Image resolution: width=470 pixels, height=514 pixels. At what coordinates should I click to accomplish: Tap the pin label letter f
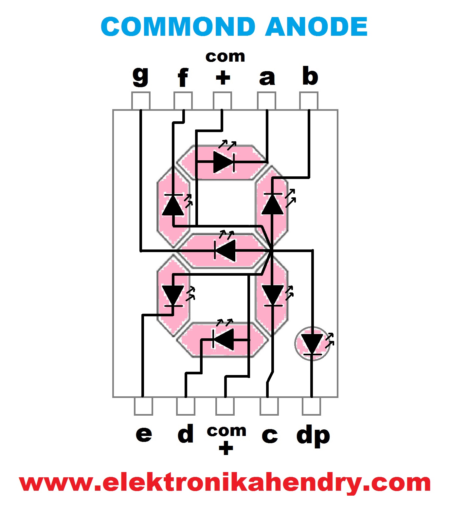pyautogui.click(x=183, y=78)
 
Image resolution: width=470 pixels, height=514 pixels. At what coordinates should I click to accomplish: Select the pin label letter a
pyautogui.click(x=267, y=78)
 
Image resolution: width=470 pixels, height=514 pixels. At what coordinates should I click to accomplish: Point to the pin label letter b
pyautogui.click(x=310, y=76)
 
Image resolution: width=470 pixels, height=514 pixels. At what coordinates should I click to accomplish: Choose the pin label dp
pyautogui.click(x=313, y=436)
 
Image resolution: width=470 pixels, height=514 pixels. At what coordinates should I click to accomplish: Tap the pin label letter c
pyautogui.click(x=270, y=435)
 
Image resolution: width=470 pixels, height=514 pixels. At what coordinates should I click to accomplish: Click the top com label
pyautogui.click(x=225, y=57)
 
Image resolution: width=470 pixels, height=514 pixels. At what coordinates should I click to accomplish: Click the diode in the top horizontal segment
pyautogui.click(x=224, y=162)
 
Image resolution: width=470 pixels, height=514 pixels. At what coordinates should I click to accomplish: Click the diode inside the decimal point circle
pyautogui.click(x=312, y=344)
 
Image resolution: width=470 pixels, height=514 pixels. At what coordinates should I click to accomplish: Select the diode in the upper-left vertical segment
pyautogui.click(x=173, y=205)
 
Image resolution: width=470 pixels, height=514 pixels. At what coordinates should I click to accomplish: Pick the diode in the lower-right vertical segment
pyautogui.click(x=273, y=295)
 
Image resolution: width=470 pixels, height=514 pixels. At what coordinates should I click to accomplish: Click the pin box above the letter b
pyautogui.click(x=309, y=101)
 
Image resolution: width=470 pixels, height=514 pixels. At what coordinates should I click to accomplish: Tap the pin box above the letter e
pyautogui.click(x=143, y=406)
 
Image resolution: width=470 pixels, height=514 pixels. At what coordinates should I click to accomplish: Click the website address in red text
pyautogui.click(x=225, y=483)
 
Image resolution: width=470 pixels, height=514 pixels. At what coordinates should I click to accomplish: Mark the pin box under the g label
pyautogui.click(x=141, y=101)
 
